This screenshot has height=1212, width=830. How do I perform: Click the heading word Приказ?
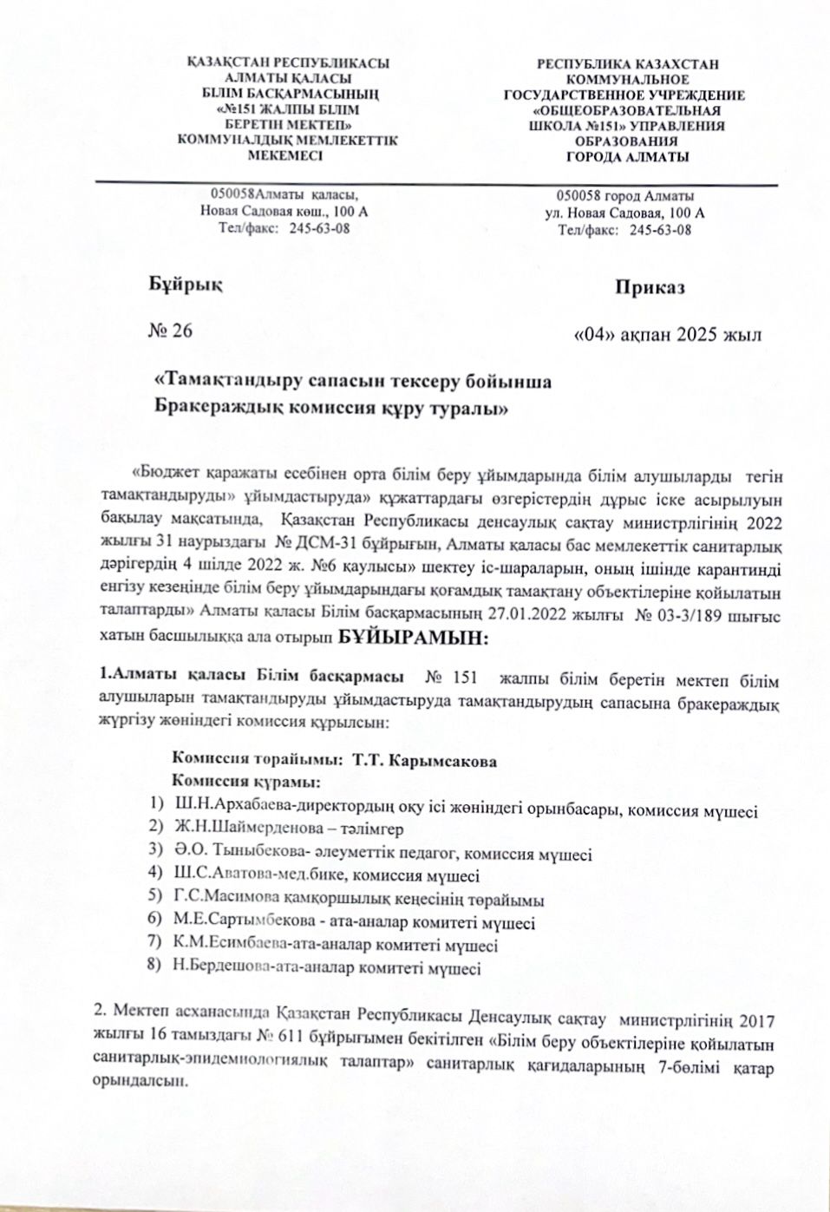pyautogui.click(x=650, y=287)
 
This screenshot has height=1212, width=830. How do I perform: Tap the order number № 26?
pyautogui.click(x=172, y=331)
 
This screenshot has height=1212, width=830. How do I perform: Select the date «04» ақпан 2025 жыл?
pyautogui.click(x=668, y=335)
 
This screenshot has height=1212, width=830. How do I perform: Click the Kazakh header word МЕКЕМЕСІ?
pyautogui.click(x=285, y=156)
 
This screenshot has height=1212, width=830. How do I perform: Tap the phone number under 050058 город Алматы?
pyautogui.click(x=660, y=230)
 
